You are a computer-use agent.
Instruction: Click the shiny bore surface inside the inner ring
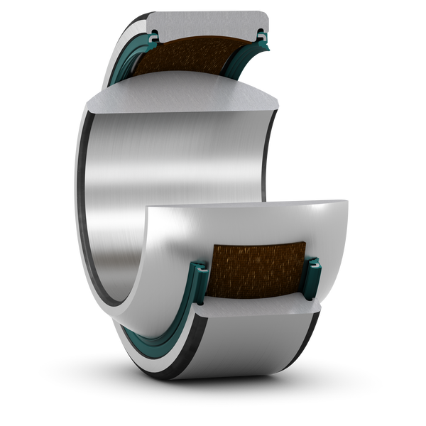pyautogui.click(x=177, y=177)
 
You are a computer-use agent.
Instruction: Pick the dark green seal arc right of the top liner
pyautogui.click(x=245, y=71)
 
